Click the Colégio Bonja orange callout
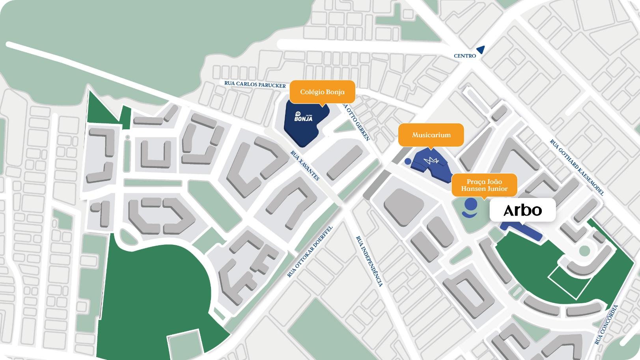[x=322, y=92]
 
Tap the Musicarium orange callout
[x=431, y=135]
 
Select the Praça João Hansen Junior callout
[x=484, y=185]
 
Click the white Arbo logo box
[x=522, y=210]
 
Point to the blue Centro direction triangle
[x=480, y=50]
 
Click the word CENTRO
[x=465, y=56]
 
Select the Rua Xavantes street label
[x=305, y=166]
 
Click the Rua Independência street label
[x=369, y=261]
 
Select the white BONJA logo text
[x=303, y=117]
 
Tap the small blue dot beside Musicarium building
[x=408, y=161]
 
